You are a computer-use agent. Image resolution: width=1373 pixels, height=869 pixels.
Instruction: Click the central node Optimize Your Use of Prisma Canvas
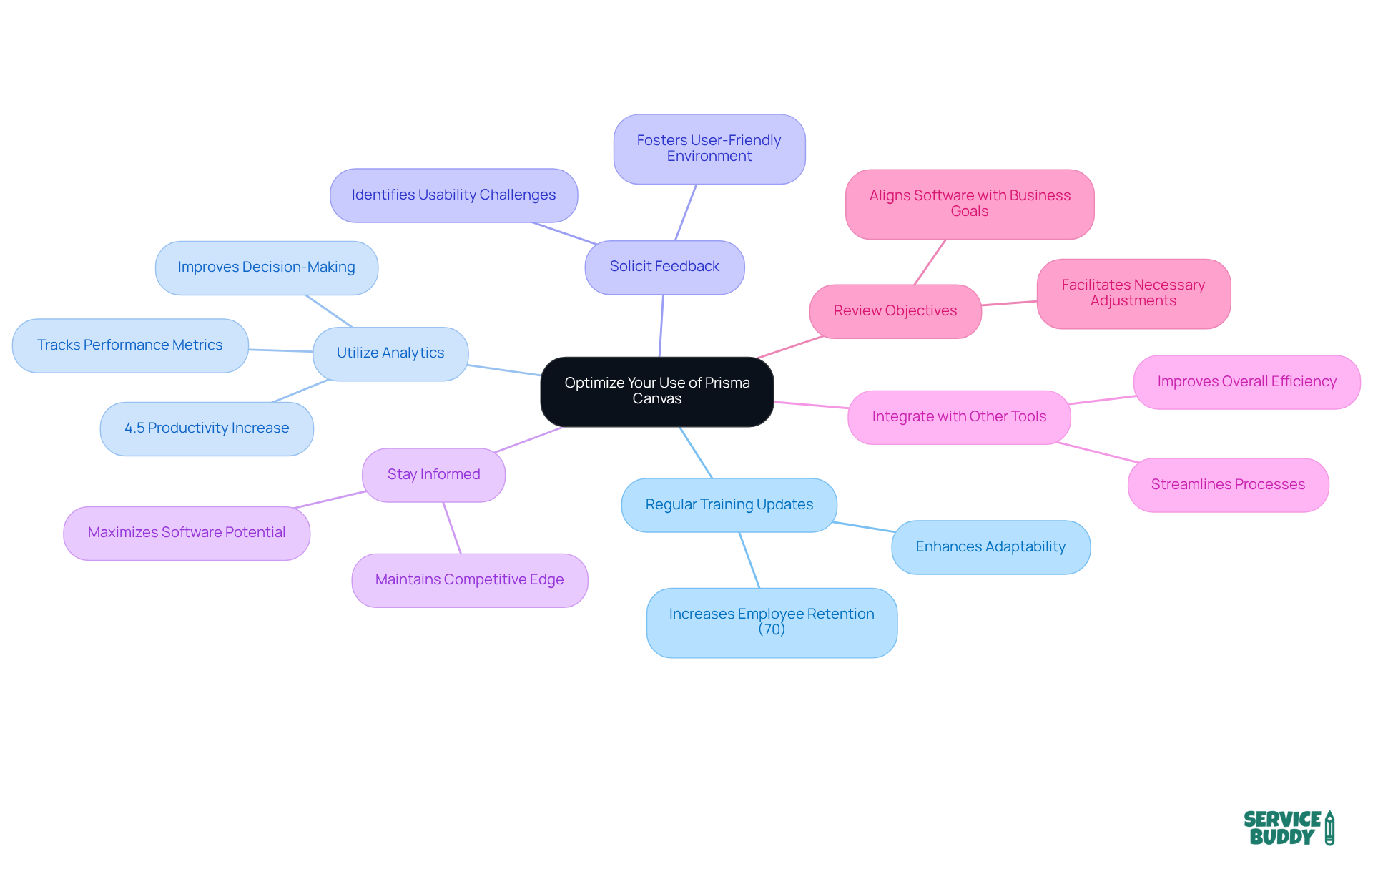pos(656,391)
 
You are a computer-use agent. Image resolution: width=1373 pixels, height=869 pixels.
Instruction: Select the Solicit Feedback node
pos(664,267)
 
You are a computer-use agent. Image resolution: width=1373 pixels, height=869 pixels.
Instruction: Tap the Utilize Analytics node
pos(390,353)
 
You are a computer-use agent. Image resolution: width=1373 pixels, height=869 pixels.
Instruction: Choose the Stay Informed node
pos(433,475)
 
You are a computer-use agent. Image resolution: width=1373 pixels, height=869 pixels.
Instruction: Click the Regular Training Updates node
pos(729,505)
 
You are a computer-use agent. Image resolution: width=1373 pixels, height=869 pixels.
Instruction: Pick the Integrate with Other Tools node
pos(958,417)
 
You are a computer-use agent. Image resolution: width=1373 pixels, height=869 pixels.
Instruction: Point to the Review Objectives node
pos(895,311)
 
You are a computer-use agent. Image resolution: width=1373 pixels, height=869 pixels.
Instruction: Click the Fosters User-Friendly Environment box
pos(709,149)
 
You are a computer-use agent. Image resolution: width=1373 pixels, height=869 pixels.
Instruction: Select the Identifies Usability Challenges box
pos(453,195)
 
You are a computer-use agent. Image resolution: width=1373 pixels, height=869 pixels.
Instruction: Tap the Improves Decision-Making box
pos(266,267)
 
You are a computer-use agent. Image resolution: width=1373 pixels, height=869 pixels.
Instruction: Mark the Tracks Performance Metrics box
pos(130,345)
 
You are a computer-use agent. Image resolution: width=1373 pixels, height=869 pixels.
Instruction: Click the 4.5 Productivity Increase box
pos(207,428)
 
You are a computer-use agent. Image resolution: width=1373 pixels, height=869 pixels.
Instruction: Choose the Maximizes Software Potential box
pos(187,533)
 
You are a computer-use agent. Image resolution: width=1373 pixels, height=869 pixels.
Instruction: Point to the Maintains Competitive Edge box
pos(469,580)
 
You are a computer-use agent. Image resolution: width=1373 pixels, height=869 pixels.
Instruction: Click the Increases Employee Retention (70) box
pos(771,622)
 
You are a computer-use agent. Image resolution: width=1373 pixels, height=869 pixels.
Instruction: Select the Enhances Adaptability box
pos(990,547)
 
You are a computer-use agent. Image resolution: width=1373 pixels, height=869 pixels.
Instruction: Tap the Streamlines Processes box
pos(1228,485)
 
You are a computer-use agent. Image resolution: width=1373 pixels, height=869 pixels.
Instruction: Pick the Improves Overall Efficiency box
pos(1246,382)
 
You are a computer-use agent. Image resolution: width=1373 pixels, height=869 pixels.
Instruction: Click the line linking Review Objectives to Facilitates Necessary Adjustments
pos(1009,303)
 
